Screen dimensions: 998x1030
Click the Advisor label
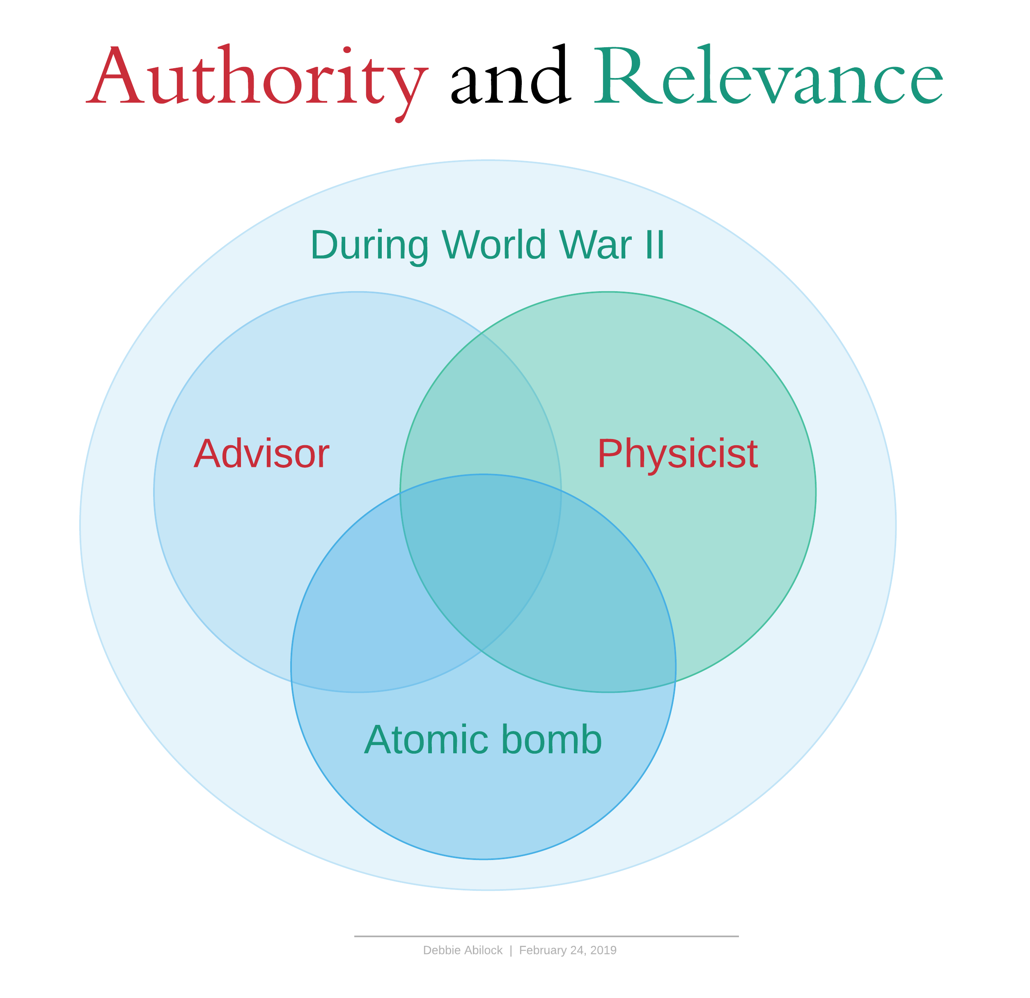tap(261, 453)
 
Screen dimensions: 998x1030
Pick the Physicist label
tap(677, 453)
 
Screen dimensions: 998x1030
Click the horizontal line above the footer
tap(546, 936)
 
